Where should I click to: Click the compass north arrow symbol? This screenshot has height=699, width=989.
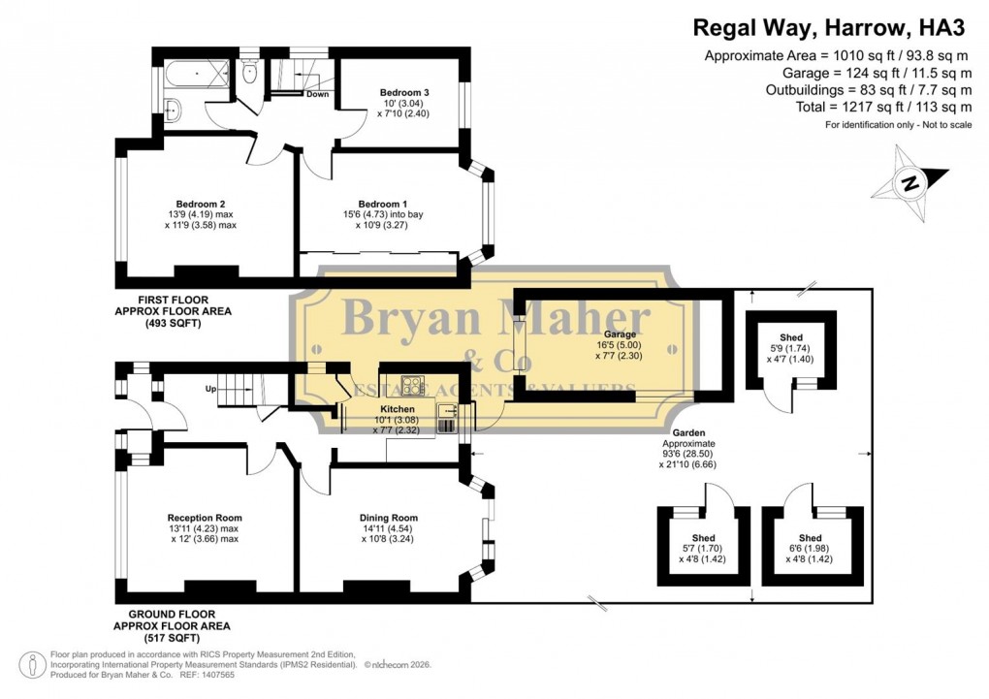(911, 181)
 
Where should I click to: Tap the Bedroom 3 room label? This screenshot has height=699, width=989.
(404, 93)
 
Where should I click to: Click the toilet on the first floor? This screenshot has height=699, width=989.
(250, 71)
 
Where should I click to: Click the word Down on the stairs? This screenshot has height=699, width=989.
(317, 94)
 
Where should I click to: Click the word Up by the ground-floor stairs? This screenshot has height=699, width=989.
(208, 389)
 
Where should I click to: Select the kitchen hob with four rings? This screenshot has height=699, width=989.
(413, 386)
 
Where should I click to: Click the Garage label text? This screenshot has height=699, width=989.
(621, 334)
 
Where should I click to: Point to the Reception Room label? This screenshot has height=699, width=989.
(204, 518)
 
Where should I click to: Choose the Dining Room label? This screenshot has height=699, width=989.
(389, 518)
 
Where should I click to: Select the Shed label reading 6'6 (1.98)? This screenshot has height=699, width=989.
(810, 537)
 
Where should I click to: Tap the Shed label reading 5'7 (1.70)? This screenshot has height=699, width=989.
(703, 538)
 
